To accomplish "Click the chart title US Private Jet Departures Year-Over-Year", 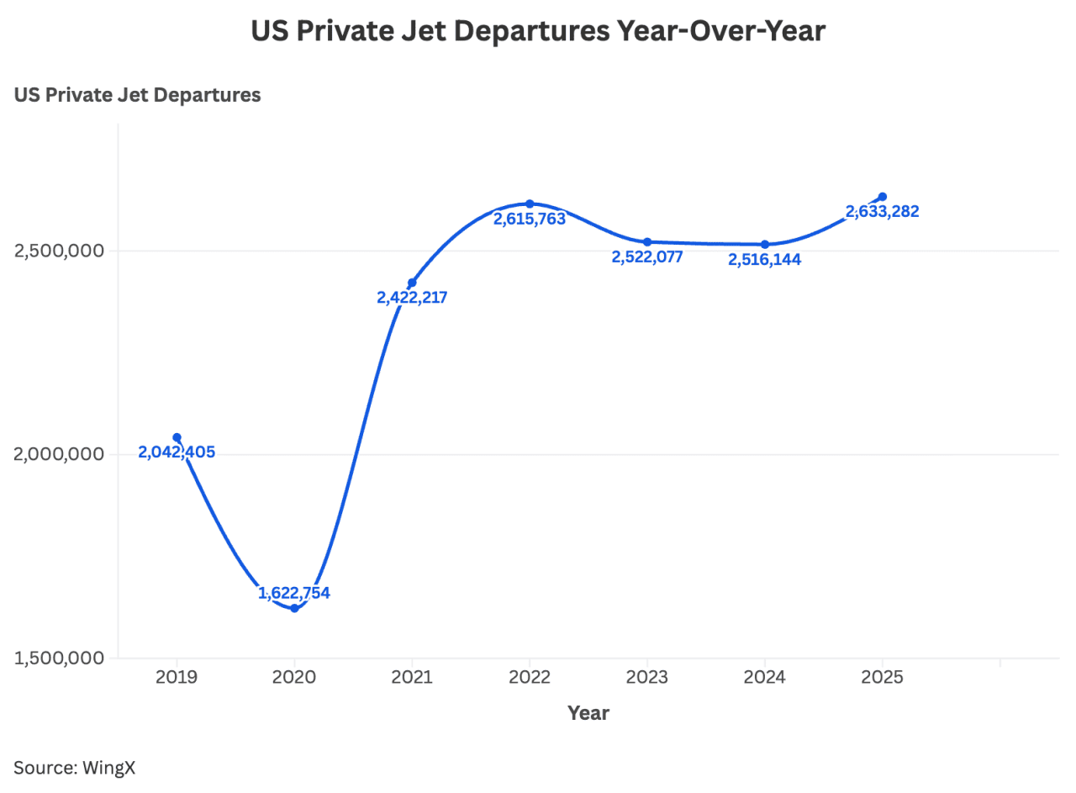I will pyautogui.click(x=538, y=31).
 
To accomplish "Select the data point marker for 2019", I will pyautogui.click(x=177, y=437).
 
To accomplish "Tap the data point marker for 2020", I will pyautogui.click(x=294, y=608).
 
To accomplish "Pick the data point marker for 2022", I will pyautogui.click(x=530, y=204).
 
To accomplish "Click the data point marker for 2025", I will pyautogui.click(x=883, y=197).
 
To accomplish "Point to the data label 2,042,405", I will pyautogui.click(x=177, y=452).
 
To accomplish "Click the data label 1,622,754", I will pyautogui.click(x=294, y=593).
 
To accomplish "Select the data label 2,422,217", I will pyautogui.click(x=412, y=297).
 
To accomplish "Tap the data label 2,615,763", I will pyautogui.click(x=530, y=219).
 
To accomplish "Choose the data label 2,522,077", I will pyautogui.click(x=647, y=256).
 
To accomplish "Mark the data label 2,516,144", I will pyautogui.click(x=765, y=259).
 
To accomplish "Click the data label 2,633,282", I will pyautogui.click(x=883, y=211).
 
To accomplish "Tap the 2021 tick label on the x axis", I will pyautogui.click(x=412, y=678).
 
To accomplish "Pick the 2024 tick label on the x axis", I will pyautogui.click(x=765, y=678).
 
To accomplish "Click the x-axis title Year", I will pyautogui.click(x=588, y=713).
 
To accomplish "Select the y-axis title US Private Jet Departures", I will pyautogui.click(x=137, y=95).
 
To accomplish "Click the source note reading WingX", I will pyautogui.click(x=74, y=767).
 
